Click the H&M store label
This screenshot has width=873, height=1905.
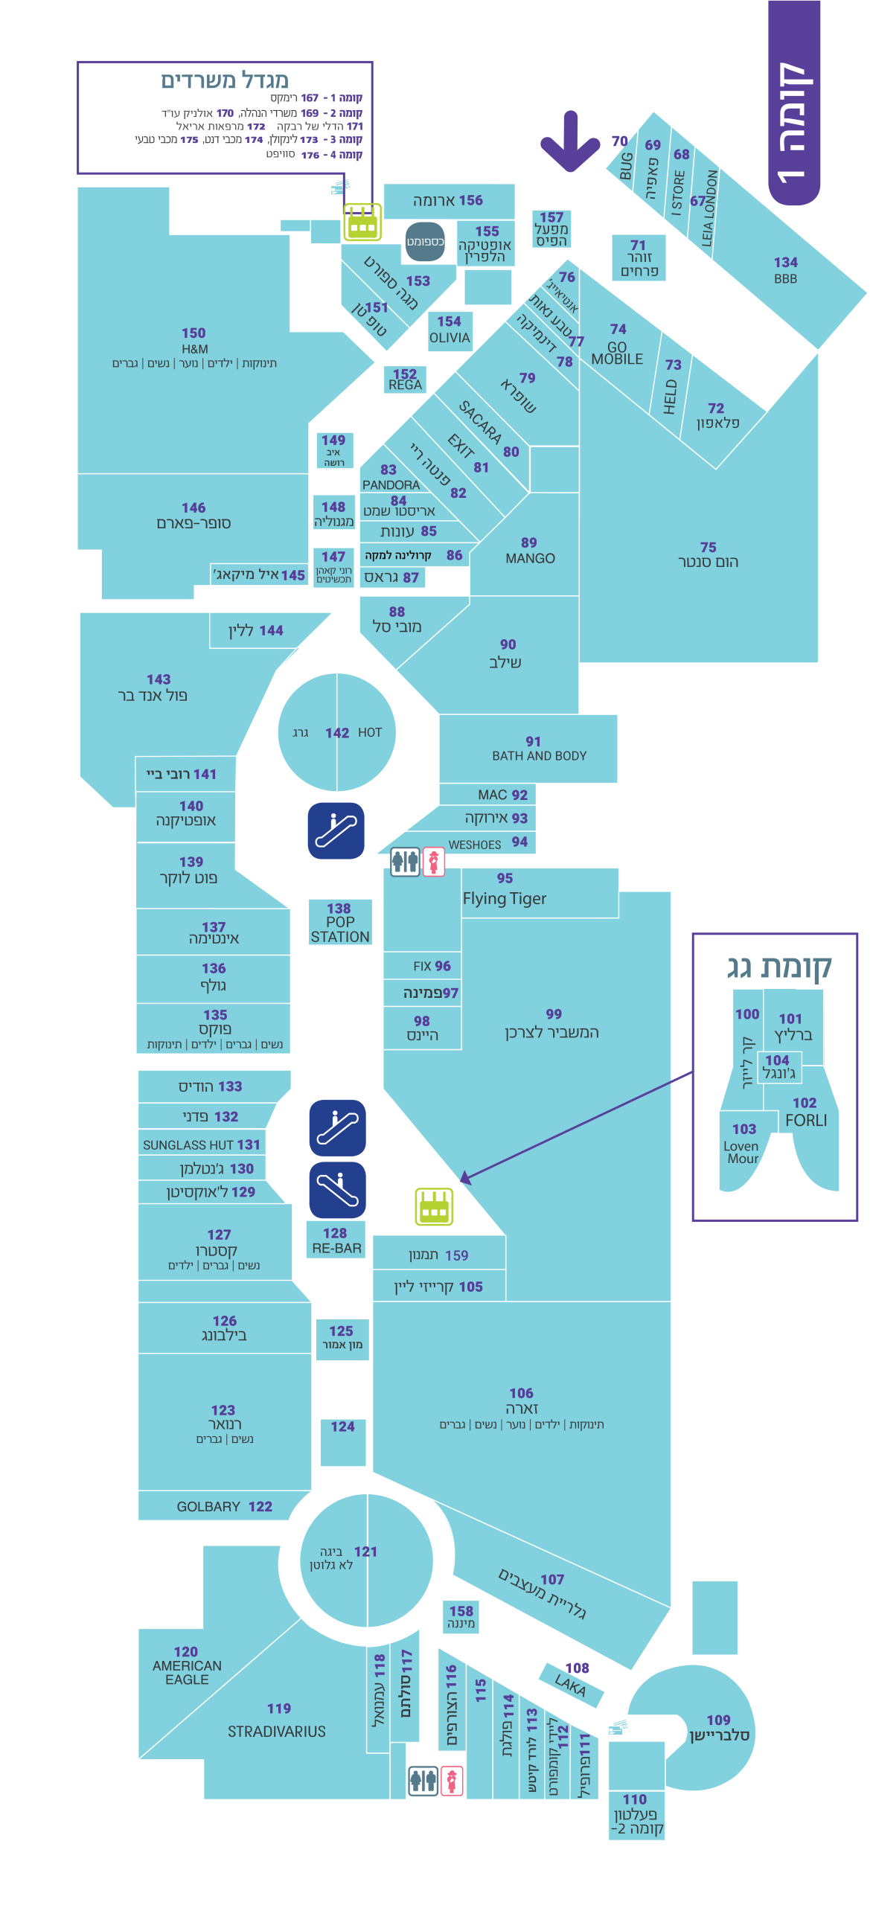194,348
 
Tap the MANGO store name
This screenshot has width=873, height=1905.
530,557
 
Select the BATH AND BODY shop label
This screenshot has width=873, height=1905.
539,755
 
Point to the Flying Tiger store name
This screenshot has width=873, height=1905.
504,897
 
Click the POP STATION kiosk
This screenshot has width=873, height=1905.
340,928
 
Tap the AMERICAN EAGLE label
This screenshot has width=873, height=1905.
187,1671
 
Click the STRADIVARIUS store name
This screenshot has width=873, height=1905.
276,1731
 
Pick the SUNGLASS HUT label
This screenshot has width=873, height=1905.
201,1144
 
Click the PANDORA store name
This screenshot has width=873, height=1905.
391,484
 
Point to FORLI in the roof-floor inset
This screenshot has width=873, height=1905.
805,1119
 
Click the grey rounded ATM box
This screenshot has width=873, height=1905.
424,241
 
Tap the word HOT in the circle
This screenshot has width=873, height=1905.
369,732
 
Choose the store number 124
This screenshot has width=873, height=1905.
342,1426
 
